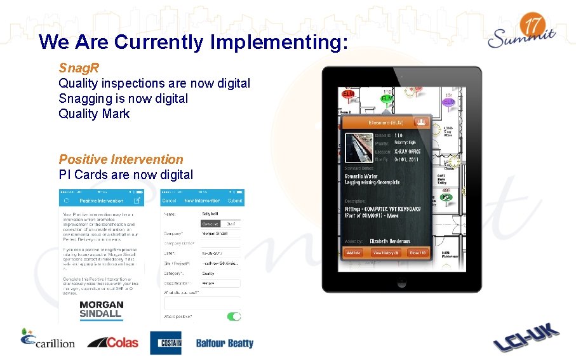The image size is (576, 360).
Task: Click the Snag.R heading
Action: [x=79, y=67]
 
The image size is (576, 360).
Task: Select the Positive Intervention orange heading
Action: [x=121, y=159]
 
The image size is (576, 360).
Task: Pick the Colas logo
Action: [x=112, y=342]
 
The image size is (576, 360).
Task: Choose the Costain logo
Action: [x=166, y=343]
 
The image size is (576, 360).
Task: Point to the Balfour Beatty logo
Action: [x=224, y=343]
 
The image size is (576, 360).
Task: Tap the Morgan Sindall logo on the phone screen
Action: [x=102, y=309]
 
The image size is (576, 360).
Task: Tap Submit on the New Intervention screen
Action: [x=234, y=201]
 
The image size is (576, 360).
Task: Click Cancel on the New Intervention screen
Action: [x=170, y=201]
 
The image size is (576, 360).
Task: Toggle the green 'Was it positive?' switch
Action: [x=234, y=316]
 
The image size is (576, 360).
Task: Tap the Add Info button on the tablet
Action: [x=353, y=253]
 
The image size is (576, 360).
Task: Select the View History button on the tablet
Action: [x=385, y=253]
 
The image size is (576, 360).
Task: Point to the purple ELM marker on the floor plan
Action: [x=449, y=102]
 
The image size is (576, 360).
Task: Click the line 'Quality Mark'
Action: [x=94, y=114]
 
